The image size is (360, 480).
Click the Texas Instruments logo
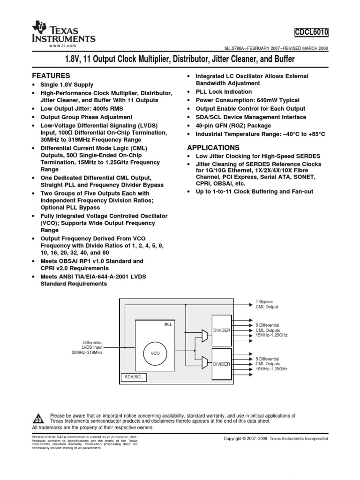(63, 33)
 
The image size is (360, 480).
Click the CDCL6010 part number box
(311, 32)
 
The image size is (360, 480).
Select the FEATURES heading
(51, 75)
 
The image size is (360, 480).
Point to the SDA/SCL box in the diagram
(134, 377)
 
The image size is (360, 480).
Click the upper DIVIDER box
(222, 330)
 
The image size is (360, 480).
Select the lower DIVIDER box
(222, 364)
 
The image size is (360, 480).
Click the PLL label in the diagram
(168, 324)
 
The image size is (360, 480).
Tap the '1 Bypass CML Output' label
(267, 304)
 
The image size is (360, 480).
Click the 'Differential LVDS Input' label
(92, 345)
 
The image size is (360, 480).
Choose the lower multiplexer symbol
(204, 362)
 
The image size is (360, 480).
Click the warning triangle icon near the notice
(39, 418)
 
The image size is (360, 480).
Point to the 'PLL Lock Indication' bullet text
(224, 92)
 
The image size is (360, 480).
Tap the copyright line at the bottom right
(276, 439)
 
